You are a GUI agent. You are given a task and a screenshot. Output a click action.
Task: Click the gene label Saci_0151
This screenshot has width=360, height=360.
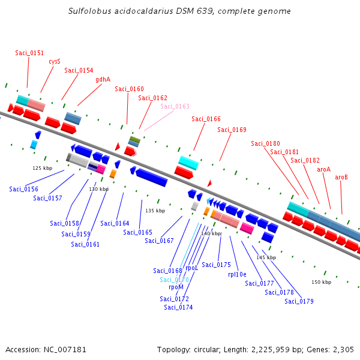[x=29, y=53]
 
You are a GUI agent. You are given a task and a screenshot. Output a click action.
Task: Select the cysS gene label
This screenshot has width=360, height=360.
[x=55, y=61]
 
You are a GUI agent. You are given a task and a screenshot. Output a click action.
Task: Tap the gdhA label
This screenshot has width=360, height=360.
[x=103, y=79]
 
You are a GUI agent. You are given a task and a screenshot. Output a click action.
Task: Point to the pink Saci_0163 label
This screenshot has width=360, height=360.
[x=175, y=107]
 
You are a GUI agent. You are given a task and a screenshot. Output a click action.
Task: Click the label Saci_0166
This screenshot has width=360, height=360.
[x=206, y=119]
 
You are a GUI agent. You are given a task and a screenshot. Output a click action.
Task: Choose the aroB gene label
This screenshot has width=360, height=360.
[x=341, y=177]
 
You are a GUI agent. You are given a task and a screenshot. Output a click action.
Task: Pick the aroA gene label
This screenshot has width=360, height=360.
[x=323, y=169]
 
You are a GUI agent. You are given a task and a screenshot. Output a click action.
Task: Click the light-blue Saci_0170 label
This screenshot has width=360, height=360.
[x=174, y=280]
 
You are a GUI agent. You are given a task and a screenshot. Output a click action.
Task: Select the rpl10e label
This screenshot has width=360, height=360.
[x=237, y=274]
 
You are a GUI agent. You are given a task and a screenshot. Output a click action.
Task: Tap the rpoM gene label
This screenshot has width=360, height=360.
[x=176, y=287]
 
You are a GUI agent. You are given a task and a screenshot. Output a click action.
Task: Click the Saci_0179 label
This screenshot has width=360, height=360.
[x=299, y=301]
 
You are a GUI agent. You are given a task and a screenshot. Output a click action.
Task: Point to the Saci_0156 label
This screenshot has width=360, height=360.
[x=23, y=189]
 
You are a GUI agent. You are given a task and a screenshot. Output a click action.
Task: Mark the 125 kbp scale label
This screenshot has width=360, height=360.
[x=42, y=168]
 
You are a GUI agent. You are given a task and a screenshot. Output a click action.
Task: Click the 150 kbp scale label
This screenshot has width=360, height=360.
[x=321, y=282]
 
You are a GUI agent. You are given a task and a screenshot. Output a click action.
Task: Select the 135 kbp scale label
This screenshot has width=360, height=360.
[x=155, y=211]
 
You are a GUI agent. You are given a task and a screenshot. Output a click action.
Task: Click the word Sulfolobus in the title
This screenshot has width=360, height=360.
[x=88, y=11]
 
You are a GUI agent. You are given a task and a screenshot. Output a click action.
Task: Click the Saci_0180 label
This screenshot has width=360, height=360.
[x=265, y=143]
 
